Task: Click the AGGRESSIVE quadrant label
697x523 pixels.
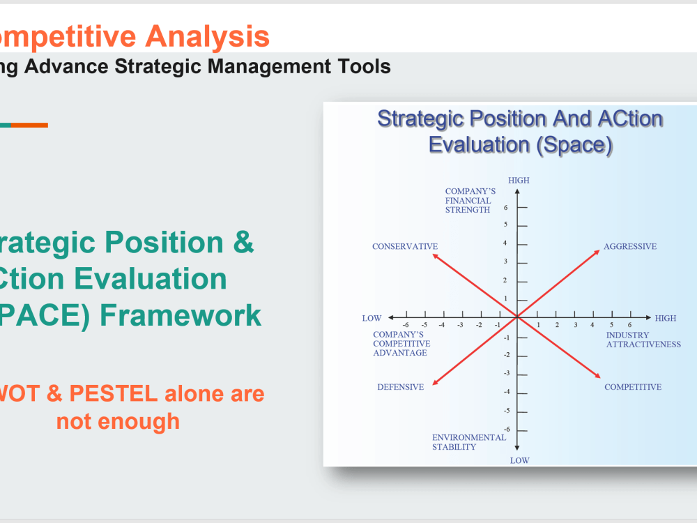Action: click(x=629, y=247)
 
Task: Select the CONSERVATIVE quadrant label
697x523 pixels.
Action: click(x=404, y=247)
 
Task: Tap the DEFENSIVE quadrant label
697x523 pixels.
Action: click(x=400, y=387)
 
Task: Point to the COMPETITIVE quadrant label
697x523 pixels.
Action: click(x=632, y=387)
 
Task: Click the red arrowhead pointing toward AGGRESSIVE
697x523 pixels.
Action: click(x=597, y=252)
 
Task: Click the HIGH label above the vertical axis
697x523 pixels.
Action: click(x=519, y=181)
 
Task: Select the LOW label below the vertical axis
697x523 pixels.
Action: click(x=519, y=460)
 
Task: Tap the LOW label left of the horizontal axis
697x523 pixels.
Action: click(x=372, y=318)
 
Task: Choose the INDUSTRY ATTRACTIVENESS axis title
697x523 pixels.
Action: click(x=643, y=340)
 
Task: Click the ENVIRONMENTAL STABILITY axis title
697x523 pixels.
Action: click(x=468, y=442)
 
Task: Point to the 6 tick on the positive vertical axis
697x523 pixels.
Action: click(x=506, y=207)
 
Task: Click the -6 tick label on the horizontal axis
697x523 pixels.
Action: click(x=406, y=325)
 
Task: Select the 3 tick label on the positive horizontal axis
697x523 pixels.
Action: click(x=576, y=325)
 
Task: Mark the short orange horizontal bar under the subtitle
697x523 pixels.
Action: click(x=29, y=126)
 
